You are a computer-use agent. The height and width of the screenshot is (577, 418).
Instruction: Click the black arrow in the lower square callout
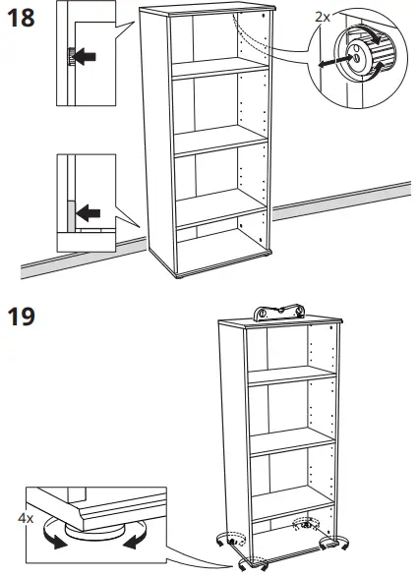(x=90, y=210)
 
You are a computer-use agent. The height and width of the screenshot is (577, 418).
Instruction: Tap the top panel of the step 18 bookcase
(x=207, y=13)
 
